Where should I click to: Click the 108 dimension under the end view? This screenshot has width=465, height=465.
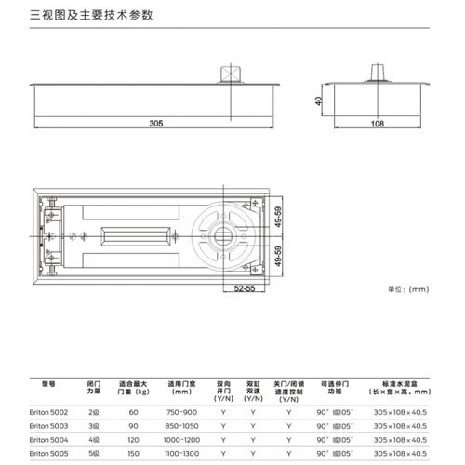click(378, 122)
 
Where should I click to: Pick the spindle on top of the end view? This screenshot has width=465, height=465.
click(378, 72)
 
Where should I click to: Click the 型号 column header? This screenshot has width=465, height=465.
click(49, 382)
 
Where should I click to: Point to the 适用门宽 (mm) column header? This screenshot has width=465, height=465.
click(180, 387)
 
